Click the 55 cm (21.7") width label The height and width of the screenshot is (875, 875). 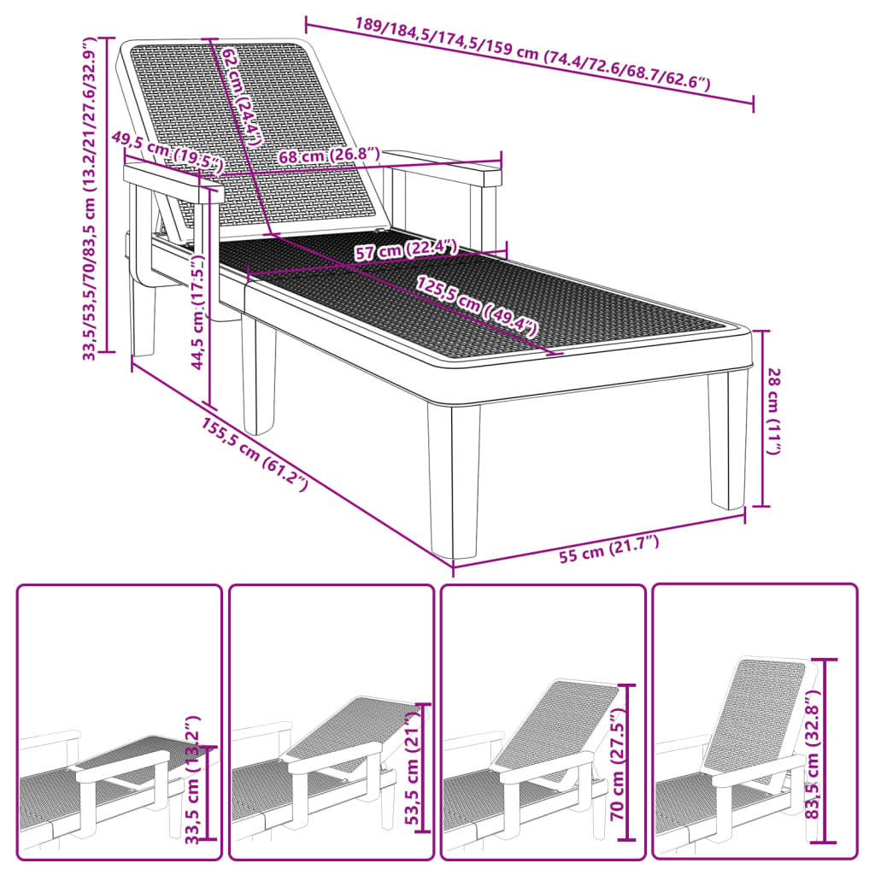point(609,549)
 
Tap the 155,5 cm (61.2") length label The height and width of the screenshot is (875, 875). point(255,455)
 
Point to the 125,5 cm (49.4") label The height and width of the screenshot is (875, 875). point(477,307)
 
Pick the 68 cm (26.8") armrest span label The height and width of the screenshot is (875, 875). point(329,156)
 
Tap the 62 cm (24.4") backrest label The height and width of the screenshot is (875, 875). point(241,97)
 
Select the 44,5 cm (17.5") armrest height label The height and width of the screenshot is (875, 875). point(198,312)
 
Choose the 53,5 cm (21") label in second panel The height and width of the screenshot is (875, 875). point(412,770)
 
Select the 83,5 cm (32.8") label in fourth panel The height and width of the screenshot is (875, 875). point(812,755)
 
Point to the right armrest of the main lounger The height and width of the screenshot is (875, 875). point(443,167)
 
